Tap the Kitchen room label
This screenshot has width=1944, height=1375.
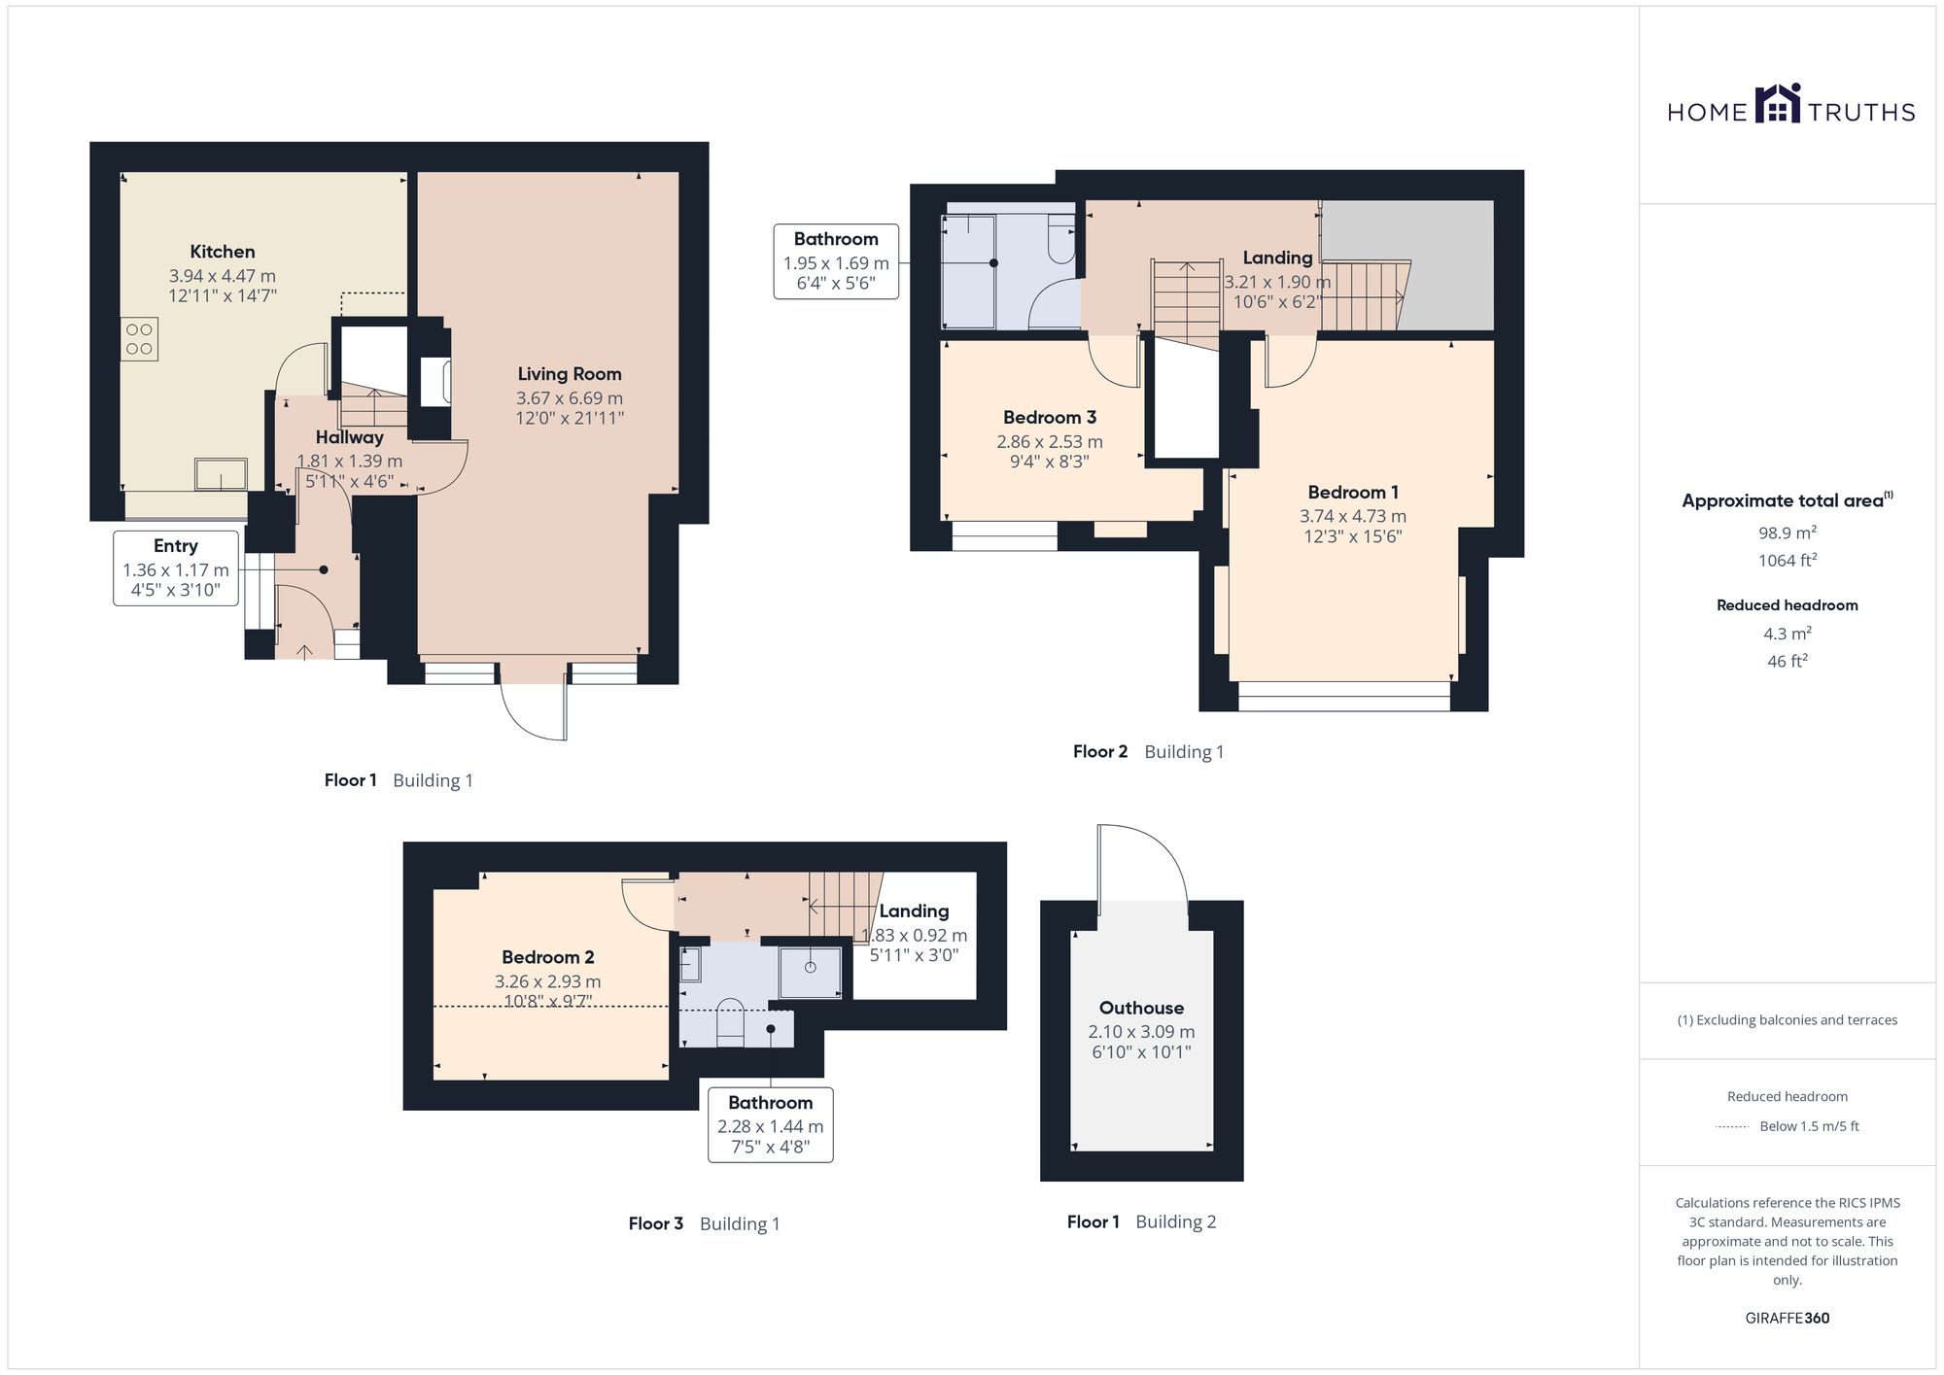(223, 252)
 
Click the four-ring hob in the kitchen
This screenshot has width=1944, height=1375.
(139, 339)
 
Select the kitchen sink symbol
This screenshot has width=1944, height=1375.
(221, 474)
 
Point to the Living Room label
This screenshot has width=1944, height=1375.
(570, 374)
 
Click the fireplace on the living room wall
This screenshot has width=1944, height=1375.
(434, 380)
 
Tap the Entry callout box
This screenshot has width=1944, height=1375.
(176, 568)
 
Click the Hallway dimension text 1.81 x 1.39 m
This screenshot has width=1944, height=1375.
(350, 462)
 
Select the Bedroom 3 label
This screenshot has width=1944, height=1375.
(1050, 417)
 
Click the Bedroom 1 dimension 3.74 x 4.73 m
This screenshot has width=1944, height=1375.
(1353, 516)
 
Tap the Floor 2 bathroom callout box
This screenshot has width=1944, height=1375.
(836, 261)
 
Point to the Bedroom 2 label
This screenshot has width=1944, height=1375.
(548, 957)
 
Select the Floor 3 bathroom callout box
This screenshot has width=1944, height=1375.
(771, 1125)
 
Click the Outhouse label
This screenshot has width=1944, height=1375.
(1142, 1008)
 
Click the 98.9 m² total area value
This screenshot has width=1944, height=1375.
(1788, 533)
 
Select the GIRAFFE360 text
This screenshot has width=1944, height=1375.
(1788, 1319)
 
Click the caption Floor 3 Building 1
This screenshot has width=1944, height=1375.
(705, 1223)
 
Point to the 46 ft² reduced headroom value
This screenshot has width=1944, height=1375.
(1788, 661)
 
